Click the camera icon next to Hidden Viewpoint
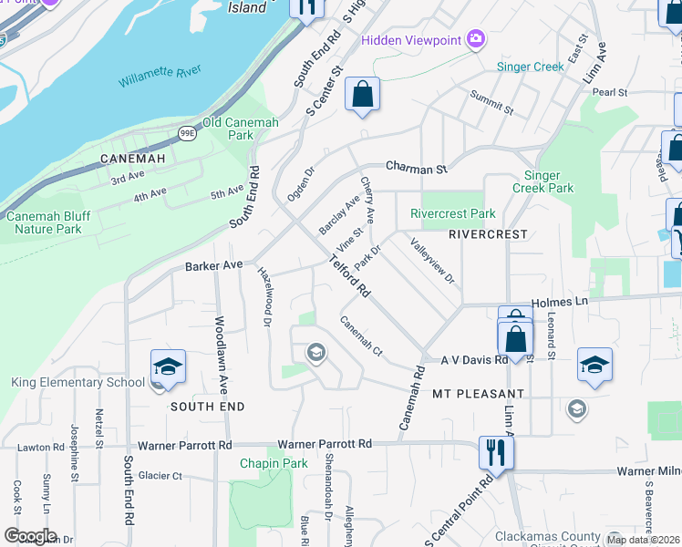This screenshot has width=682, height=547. (475, 38)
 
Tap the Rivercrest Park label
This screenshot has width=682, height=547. (453, 214)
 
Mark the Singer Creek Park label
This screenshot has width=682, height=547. (549, 181)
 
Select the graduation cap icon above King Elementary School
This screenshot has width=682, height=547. (168, 366)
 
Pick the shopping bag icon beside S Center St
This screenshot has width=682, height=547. (362, 94)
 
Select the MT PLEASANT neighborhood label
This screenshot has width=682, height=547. (478, 394)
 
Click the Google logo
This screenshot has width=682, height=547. (30, 535)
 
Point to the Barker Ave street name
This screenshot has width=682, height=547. (214, 265)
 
